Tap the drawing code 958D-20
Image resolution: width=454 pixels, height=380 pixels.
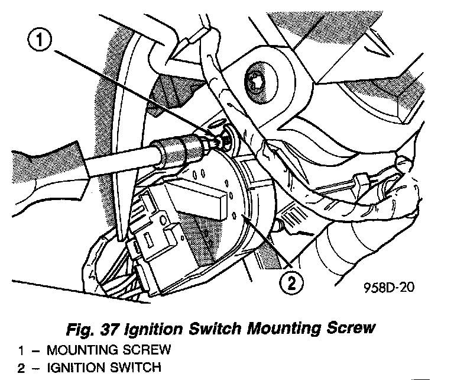click(389, 288)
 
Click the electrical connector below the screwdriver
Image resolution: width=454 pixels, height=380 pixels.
click(154, 237)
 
